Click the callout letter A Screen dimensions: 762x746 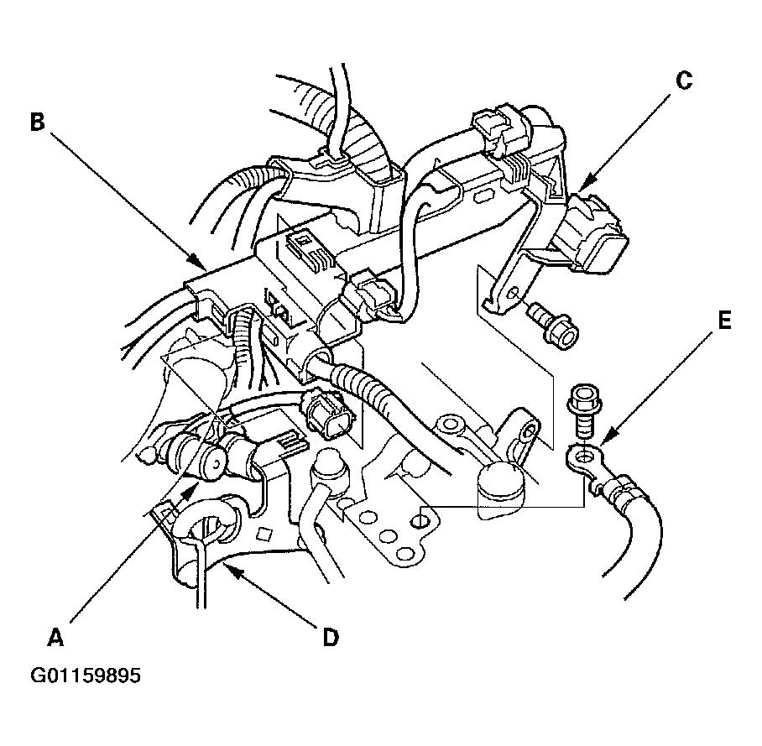pyautogui.click(x=56, y=637)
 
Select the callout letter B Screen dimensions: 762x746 pyautogui.click(x=38, y=122)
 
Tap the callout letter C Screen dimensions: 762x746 pyautogui.click(x=684, y=81)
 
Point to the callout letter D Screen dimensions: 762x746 pyautogui.click(x=331, y=637)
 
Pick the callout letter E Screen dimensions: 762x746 pyautogui.click(x=724, y=321)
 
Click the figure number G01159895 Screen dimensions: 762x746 pyautogui.click(x=86, y=676)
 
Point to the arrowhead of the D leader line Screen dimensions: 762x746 pyautogui.click(x=232, y=570)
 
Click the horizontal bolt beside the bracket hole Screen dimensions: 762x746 pyautogui.click(x=555, y=325)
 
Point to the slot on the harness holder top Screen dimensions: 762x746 pyautogui.click(x=483, y=197)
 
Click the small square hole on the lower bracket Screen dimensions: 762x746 pyautogui.click(x=265, y=534)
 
